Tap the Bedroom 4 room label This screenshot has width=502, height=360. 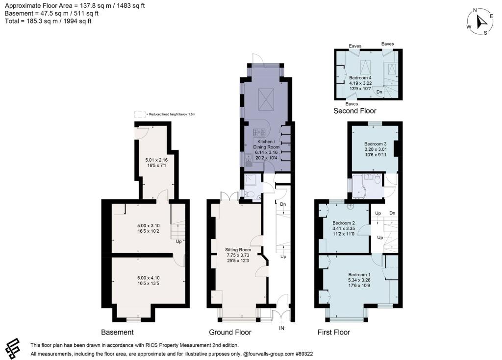pos(360,78)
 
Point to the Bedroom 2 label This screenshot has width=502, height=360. pos(343,223)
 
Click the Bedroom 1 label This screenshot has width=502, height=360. pos(360,274)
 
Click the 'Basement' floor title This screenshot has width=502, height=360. pos(117,332)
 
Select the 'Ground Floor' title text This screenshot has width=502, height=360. pos(230,332)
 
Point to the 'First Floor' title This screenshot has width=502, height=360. pos(333,332)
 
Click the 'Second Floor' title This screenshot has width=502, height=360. pos(355,111)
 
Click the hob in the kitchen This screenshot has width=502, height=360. pos(259,132)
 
